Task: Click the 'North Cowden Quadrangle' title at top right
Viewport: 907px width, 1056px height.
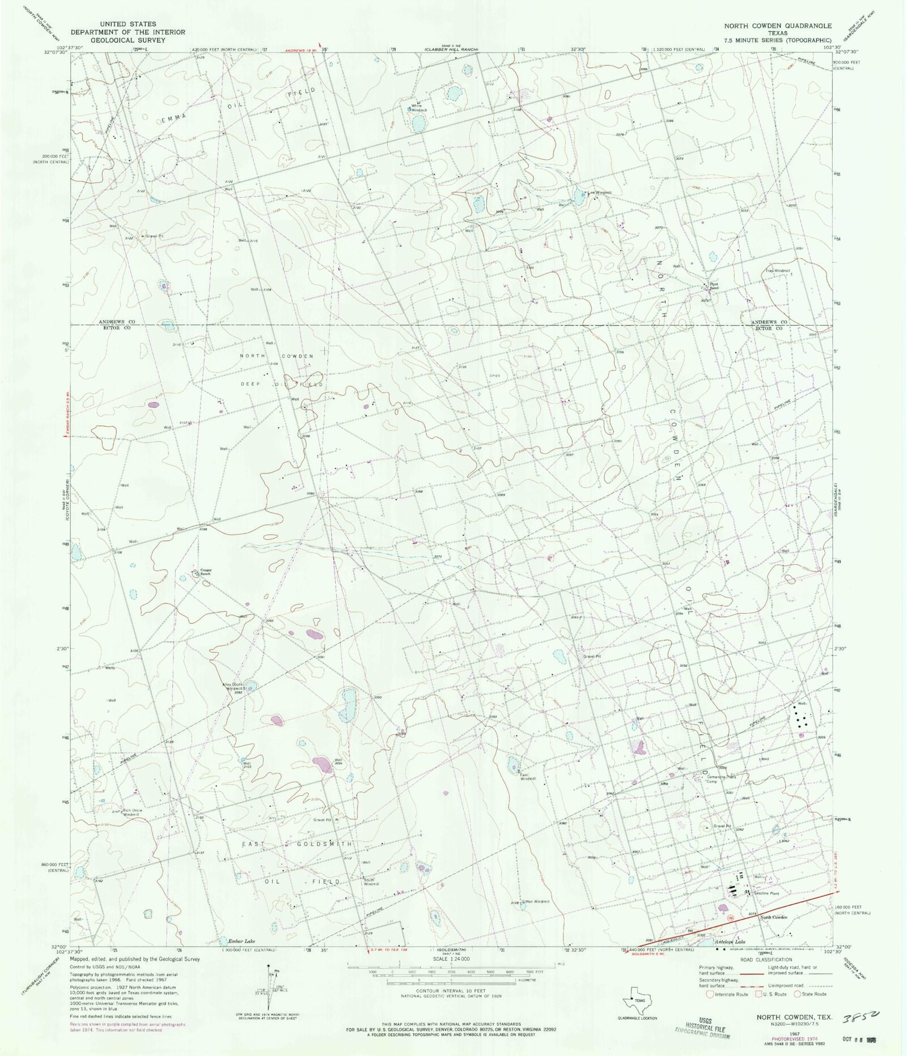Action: (777, 26)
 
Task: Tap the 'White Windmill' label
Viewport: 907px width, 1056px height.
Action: (417, 107)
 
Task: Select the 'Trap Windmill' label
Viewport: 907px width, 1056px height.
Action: (778, 271)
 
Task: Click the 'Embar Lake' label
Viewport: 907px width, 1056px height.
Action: (241, 942)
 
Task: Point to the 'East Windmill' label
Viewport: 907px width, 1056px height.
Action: (528, 777)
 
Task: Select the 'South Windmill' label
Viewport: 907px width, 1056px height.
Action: (371, 882)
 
